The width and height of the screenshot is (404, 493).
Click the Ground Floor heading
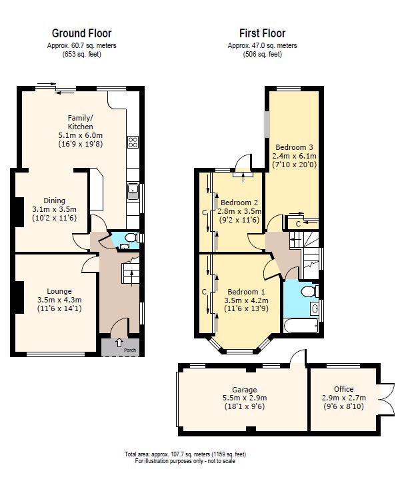[81, 33]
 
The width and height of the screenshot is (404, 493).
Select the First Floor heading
[262, 33]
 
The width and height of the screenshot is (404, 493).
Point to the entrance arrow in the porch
[119, 343]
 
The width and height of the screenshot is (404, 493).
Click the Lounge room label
[59, 291]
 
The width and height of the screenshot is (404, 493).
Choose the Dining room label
[55, 201]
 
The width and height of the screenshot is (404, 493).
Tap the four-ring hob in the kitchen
[133, 141]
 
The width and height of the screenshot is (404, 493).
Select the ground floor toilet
[130, 237]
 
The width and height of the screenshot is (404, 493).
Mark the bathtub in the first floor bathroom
[301, 326]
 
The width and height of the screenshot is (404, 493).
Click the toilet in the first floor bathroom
[308, 292]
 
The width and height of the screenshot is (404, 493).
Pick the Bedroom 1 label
[246, 292]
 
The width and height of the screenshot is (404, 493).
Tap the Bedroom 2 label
[239, 203]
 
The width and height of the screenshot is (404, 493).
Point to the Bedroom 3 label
[294, 147]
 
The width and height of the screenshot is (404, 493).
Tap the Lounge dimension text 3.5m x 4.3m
[59, 300]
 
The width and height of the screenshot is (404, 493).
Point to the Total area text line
[185, 454]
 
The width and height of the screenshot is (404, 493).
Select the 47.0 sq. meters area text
[262, 45]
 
